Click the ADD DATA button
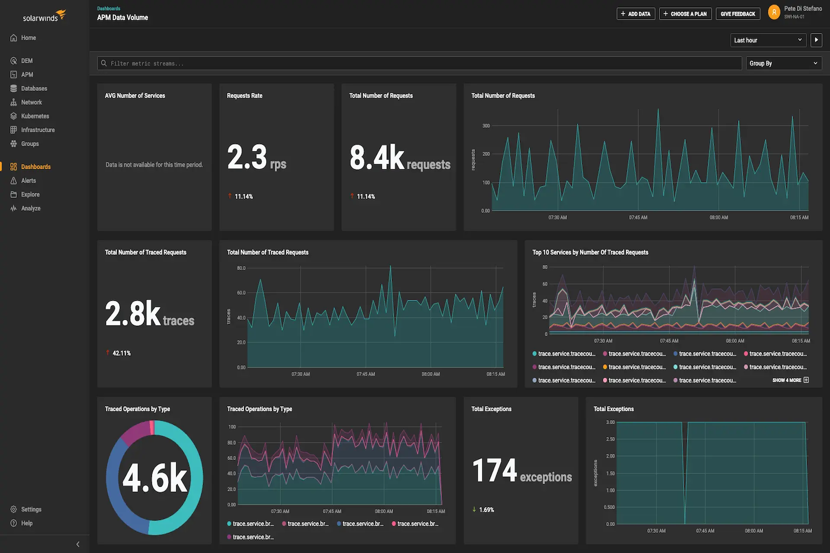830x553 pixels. pos(636,14)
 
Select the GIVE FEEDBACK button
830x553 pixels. pos(737,14)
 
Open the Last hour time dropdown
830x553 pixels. pos(768,40)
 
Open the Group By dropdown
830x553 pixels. pos(783,63)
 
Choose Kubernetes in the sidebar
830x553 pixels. pos(35,116)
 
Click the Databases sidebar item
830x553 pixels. pos(34,89)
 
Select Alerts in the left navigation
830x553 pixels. pos(28,180)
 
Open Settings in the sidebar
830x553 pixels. pos(31,509)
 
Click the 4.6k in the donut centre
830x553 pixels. pos(155,478)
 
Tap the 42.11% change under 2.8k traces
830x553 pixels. pos(121,353)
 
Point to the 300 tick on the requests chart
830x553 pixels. pos(486,126)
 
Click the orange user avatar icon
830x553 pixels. pos(774,12)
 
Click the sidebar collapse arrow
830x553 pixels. pos(77,544)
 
